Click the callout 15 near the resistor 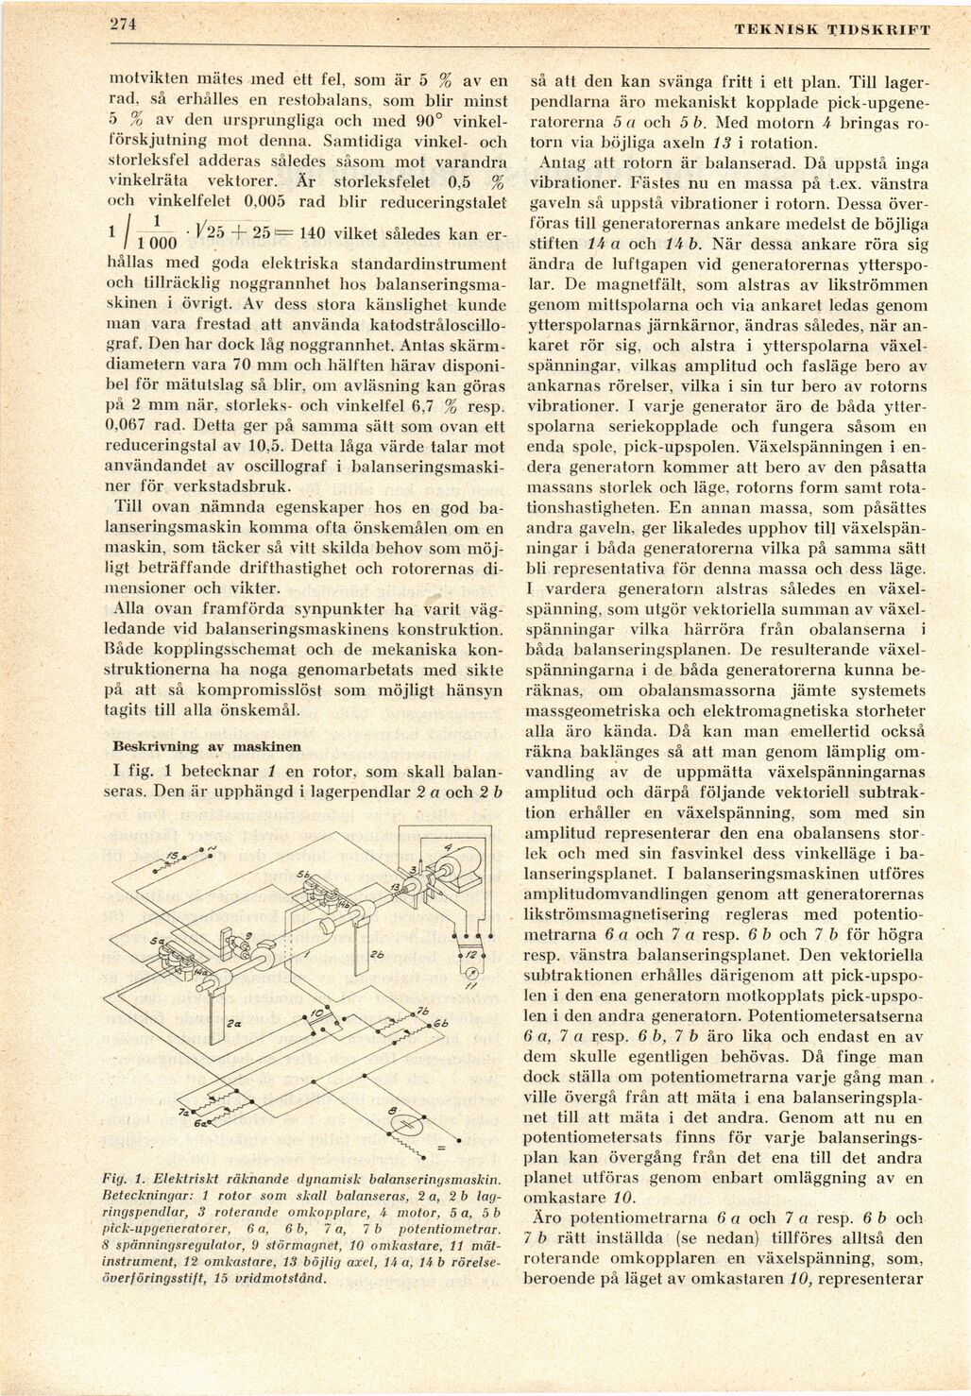coord(171,855)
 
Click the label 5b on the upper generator coord(304,876)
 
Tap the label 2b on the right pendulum coord(377,953)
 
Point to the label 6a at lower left coord(201,1125)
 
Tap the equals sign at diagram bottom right coord(440,1148)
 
